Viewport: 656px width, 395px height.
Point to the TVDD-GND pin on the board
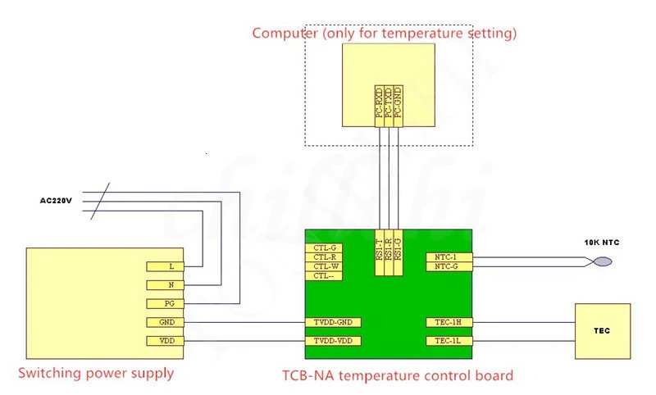(333, 322)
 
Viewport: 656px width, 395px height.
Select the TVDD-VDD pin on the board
(333, 340)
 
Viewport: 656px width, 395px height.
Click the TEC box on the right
(603, 331)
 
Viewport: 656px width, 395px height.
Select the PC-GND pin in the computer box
(398, 105)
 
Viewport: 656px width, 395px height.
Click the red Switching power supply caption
(96, 374)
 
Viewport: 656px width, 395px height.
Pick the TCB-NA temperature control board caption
(397, 376)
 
